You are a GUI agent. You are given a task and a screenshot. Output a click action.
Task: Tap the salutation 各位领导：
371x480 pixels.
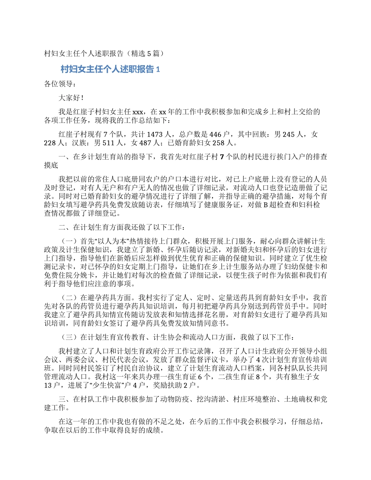(58, 83)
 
